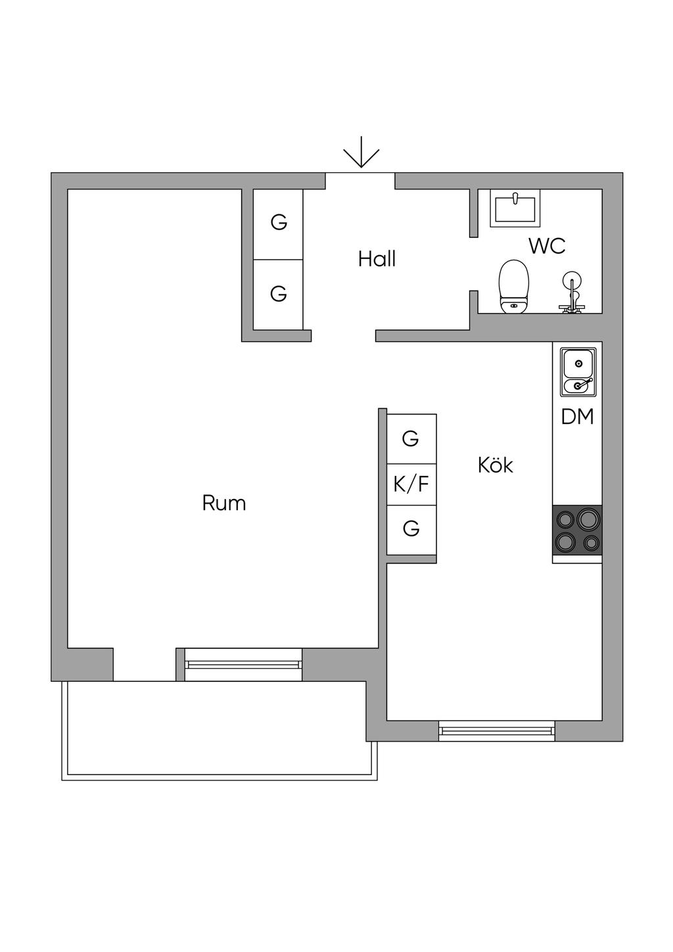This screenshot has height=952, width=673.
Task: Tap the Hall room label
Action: pyautogui.click(x=377, y=259)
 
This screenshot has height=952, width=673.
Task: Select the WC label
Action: pyautogui.click(x=547, y=246)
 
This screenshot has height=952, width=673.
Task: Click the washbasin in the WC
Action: pyautogui.click(x=516, y=207)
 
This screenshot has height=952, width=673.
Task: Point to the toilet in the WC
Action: pyautogui.click(x=514, y=287)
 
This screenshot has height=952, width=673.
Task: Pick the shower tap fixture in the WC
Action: pyautogui.click(x=571, y=292)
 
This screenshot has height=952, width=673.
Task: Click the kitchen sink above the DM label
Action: pyautogui.click(x=578, y=372)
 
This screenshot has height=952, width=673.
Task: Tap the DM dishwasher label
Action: pyautogui.click(x=577, y=417)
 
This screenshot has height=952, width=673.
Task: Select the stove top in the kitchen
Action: pyautogui.click(x=578, y=530)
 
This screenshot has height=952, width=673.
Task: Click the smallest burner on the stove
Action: pyautogui.click(x=592, y=543)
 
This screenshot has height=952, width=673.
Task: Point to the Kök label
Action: pyautogui.click(x=495, y=465)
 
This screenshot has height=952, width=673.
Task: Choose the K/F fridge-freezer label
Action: pyautogui.click(x=411, y=485)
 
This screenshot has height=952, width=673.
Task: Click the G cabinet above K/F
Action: pyautogui.click(x=411, y=439)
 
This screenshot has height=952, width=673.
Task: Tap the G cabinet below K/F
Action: pyautogui.click(x=411, y=529)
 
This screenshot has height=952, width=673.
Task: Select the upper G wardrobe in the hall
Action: pyautogui.click(x=279, y=223)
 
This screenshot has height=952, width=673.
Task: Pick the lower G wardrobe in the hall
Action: pyautogui.click(x=279, y=293)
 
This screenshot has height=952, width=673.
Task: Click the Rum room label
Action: pyautogui.click(x=223, y=504)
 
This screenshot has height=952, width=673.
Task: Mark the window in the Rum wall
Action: pyautogui.click(x=243, y=664)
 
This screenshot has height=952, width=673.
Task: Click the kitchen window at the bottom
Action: pyautogui.click(x=497, y=730)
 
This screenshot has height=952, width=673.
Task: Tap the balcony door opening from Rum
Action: pyautogui.click(x=145, y=664)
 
